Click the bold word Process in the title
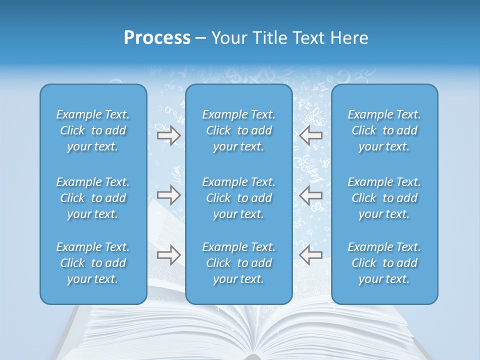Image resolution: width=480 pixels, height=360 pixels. (x=157, y=38)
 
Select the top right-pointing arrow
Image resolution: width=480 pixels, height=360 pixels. (x=168, y=135)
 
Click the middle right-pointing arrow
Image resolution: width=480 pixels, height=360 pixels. (x=168, y=195)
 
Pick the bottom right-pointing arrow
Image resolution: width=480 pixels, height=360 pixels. (x=168, y=255)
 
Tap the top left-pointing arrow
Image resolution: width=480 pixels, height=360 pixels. (x=311, y=135)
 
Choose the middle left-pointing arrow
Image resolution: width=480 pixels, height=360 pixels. (x=311, y=195)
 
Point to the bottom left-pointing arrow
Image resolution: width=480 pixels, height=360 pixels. (x=311, y=255)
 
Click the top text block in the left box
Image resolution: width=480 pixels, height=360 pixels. (x=93, y=130)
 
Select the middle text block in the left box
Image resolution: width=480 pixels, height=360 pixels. (x=93, y=198)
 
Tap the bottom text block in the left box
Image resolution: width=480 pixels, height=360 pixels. (x=93, y=263)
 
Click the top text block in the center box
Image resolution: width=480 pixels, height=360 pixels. (x=239, y=130)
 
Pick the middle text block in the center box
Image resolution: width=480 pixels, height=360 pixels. (x=239, y=198)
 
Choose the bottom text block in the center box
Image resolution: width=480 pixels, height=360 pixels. (x=239, y=263)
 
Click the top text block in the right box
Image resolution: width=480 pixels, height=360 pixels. (x=384, y=130)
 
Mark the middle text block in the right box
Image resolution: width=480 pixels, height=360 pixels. (x=384, y=198)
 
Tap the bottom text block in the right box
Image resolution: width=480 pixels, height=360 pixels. (x=384, y=263)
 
